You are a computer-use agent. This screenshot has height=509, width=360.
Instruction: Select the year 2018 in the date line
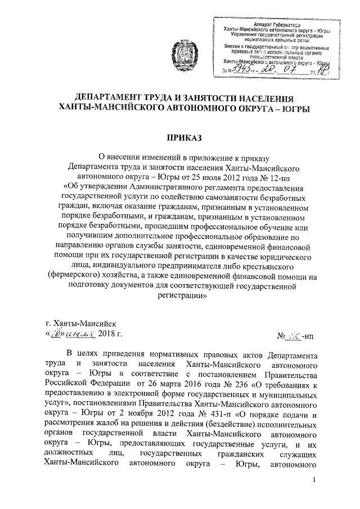[102, 334]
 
